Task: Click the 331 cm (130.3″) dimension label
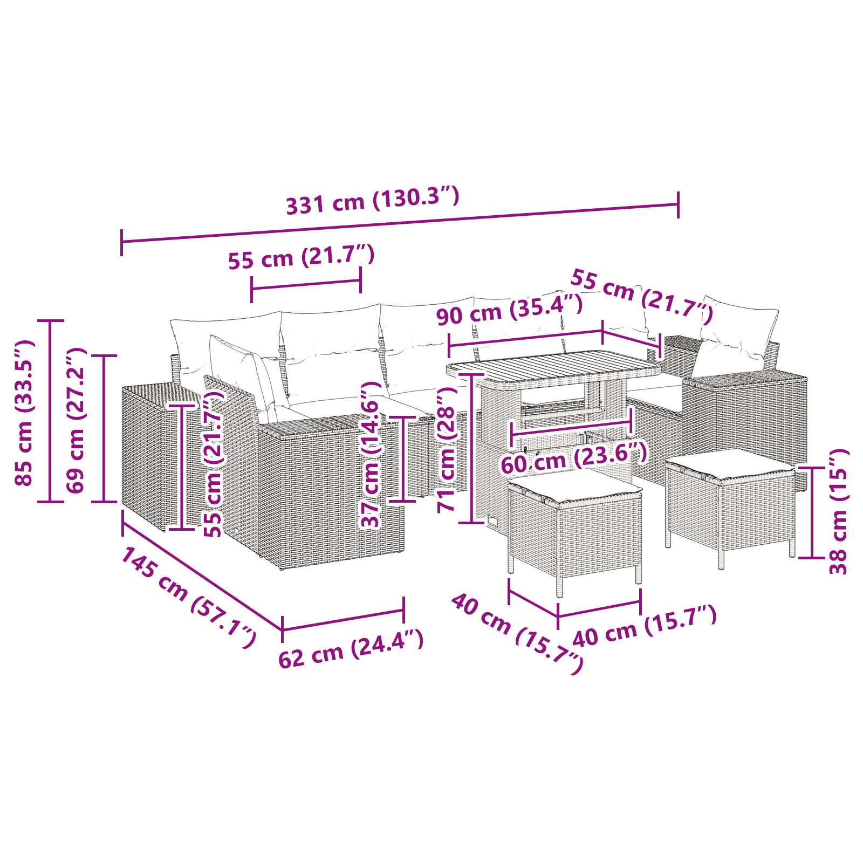click(372, 200)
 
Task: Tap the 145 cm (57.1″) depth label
click(188, 598)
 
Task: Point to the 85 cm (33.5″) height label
click(24, 413)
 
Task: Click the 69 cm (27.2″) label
click(76, 420)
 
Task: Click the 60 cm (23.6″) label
click(574, 458)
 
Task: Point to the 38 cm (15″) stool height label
click(839, 511)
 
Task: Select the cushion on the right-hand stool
click(731, 464)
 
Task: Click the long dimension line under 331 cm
click(400, 223)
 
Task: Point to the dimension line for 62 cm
click(343, 619)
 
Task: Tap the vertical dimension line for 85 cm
click(51, 411)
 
